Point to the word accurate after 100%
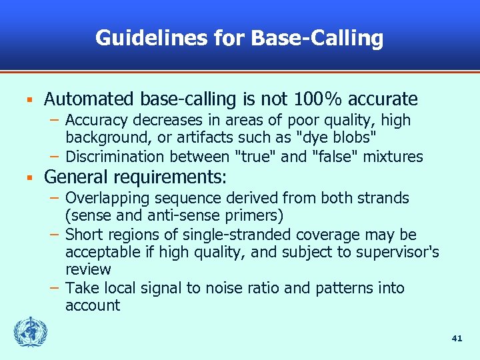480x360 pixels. [383, 99]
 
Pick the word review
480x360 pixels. [88, 269]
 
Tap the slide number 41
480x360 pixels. [457, 339]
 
